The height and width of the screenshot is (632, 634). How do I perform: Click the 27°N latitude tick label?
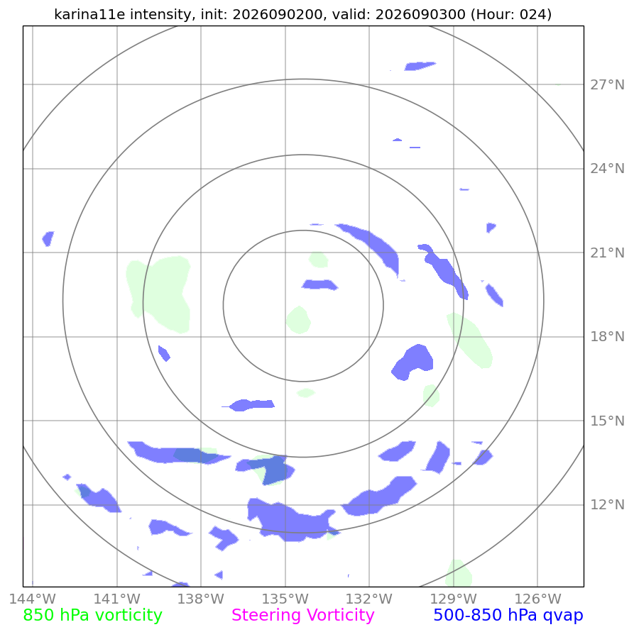(x=607, y=85)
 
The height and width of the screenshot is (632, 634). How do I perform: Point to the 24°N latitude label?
(x=607, y=169)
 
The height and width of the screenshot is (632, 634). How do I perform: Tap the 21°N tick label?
(x=607, y=253)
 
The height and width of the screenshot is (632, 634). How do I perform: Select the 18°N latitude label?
(x=607, y=337)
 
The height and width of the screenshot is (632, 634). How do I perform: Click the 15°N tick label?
(x=607, y=421)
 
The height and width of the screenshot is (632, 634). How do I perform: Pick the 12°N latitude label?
(x=607, y=505)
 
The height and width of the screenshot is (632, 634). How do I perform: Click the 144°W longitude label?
(x=33, y=599)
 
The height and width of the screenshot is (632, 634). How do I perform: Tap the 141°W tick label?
(x=117, y=599)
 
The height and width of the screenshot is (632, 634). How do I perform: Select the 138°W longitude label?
(x=200, y=599)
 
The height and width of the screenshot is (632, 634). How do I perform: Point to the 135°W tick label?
(x=285, y=599)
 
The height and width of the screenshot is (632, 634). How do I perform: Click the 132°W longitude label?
(x=368, y=599)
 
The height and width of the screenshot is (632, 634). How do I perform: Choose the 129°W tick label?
(x=453, y=599)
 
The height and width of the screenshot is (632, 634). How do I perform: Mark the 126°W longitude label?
(x=537, y=599)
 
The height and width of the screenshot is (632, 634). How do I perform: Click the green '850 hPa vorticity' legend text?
(x=92, y=616)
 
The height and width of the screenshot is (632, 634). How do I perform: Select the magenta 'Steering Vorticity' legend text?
(x=303, y=616)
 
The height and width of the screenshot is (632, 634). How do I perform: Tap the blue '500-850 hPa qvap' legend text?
(x=508, y=616)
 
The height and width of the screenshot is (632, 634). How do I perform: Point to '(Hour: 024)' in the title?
(x=511, y=15)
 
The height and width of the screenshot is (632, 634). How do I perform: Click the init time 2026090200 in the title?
(x=278, y=15)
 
